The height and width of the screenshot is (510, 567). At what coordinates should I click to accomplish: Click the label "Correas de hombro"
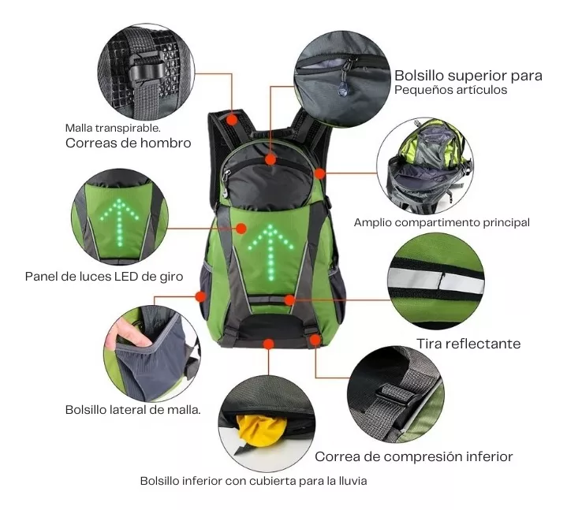point(128,143)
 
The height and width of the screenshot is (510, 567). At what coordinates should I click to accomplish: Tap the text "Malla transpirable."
point(113,128)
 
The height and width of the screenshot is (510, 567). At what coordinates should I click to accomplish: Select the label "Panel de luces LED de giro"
point(104,277)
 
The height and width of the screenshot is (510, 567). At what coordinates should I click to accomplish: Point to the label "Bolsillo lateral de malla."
point(132,410)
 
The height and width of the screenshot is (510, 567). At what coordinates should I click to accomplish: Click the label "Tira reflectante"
point(468,344)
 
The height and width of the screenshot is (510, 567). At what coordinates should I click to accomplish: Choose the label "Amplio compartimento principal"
point(442,222)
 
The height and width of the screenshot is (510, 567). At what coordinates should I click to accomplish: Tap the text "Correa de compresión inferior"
point(414,457)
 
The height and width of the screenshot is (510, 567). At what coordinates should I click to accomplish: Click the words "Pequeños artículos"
point(450,90)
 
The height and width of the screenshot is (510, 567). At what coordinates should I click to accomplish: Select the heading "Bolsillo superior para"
point(468,76)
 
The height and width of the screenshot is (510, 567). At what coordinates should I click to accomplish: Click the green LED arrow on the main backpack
point(270,252)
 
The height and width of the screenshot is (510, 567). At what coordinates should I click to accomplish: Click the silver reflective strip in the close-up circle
point(436,281)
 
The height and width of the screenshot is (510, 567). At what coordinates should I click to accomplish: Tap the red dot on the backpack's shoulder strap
point(233,120)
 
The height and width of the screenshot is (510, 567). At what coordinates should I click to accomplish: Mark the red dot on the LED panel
point(241,229)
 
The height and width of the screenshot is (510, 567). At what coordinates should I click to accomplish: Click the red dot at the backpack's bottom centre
point(268,344)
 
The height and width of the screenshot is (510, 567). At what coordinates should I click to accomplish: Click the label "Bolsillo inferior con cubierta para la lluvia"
point(253,481)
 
